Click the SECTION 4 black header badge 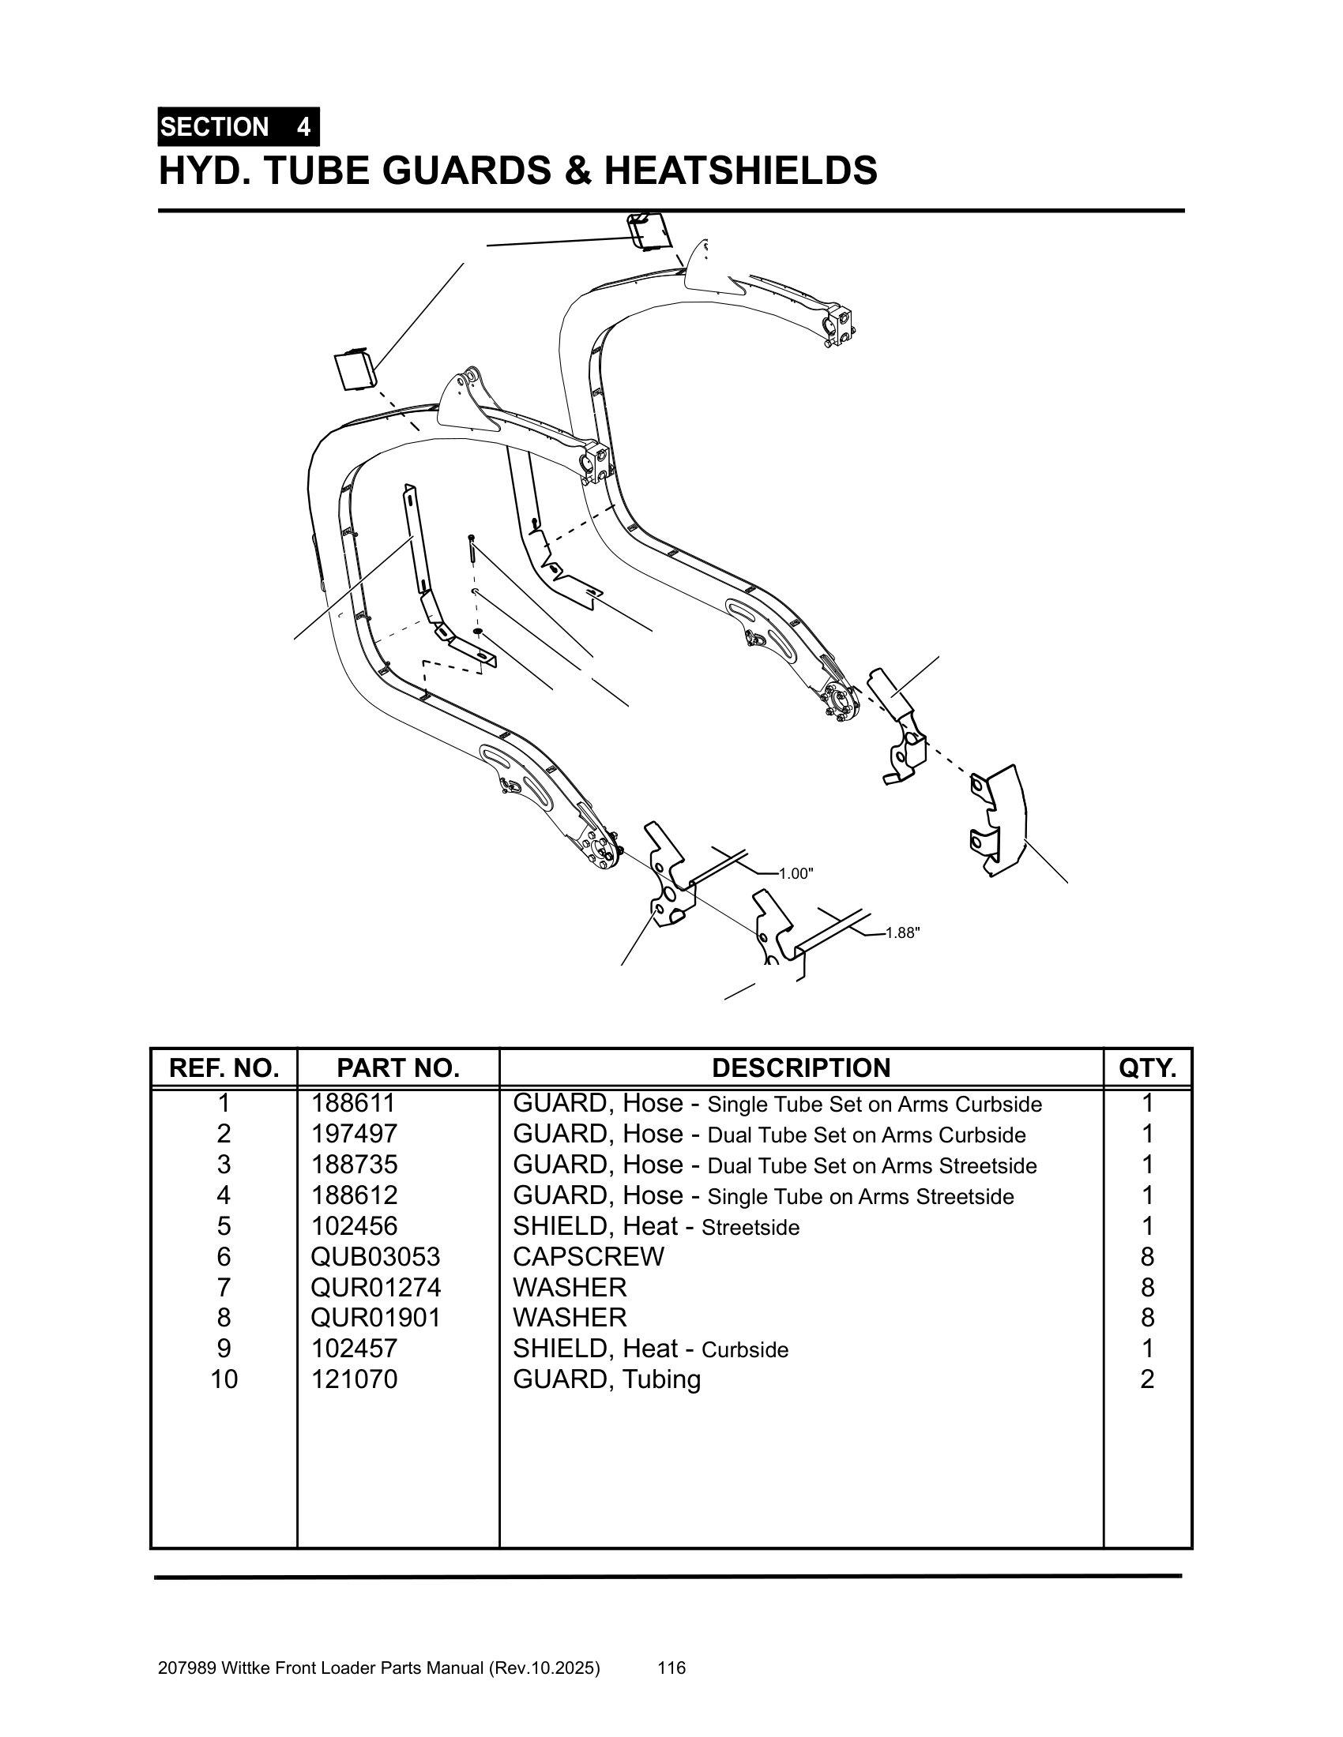[x=238, y=127]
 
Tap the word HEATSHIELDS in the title [x=741, y=171]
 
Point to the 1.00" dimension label [x=796, y=874]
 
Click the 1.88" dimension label [x=903, y=933]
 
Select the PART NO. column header [x=398, y=1067]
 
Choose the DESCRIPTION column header [x=800, y=1067]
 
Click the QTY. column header [x=1146, y=1067]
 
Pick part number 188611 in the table [x=353, y=1103]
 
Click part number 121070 [x=353, y=1379]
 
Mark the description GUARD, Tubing [x=606, y=1379]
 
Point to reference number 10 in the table [x=224, y=1379]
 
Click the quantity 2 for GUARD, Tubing [x=1146, y=1379]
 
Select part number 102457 [x=353, y=1348]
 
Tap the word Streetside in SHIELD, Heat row [x=750, y=1227]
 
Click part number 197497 [x=353, y=1133]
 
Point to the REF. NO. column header [x=224, y=1067]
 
